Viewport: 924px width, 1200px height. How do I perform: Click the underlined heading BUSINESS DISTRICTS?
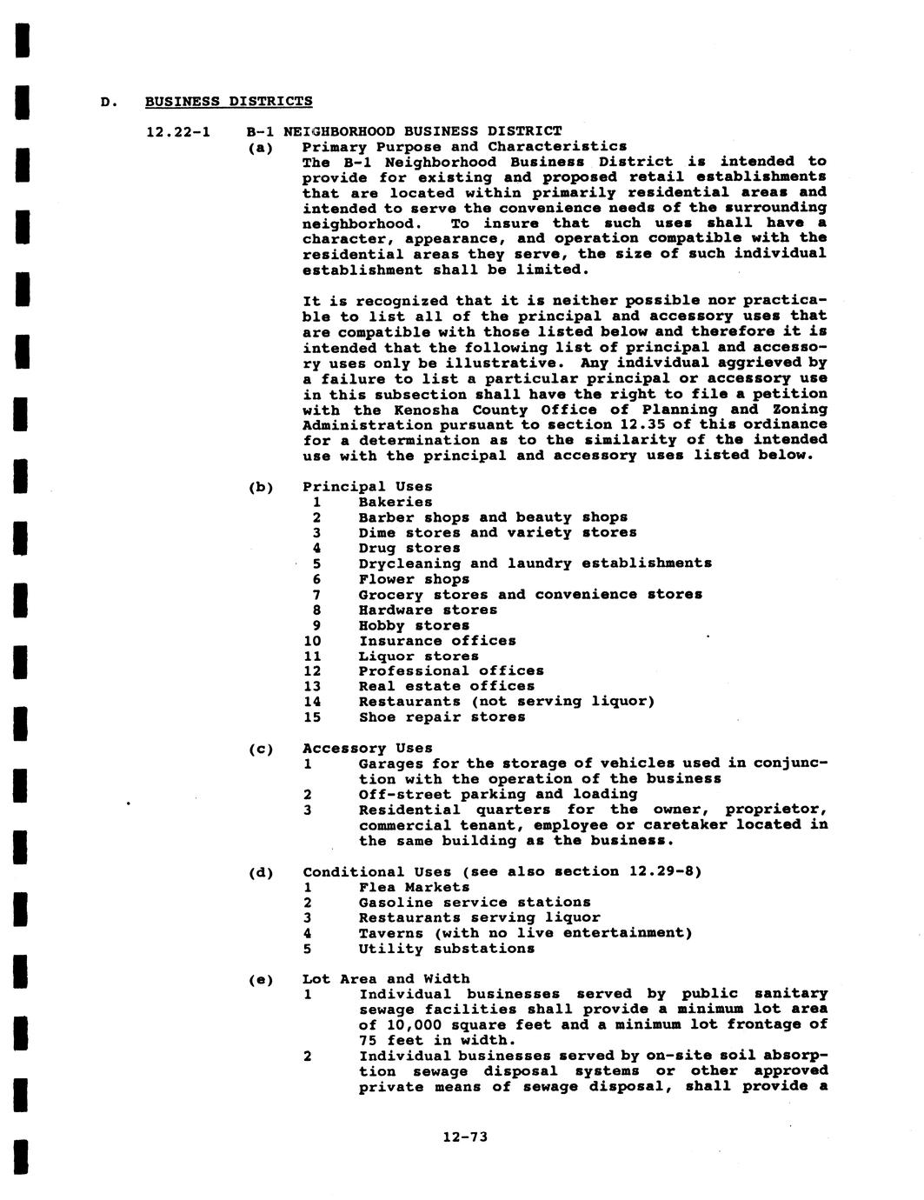(229, 101)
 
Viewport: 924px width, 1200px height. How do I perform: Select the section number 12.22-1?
(177, 131)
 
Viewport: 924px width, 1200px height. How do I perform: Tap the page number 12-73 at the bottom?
(465, 1136)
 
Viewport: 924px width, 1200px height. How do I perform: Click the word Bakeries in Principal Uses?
(395, 502)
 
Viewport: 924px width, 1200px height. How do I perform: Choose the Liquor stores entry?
(418, 657)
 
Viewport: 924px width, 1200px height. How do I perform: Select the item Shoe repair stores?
(442, 717)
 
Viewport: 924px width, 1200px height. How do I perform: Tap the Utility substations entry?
(446, 949)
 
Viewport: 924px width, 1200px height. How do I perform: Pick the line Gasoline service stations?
(474, 903)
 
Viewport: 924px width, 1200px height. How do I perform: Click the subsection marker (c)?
(261, 749)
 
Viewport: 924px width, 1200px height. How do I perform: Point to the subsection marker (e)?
(261, 980)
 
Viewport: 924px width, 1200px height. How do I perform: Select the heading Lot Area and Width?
(386, 979)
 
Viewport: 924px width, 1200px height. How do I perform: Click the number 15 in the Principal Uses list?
(312, 717)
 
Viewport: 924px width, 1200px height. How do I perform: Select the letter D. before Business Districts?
(107, 102)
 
